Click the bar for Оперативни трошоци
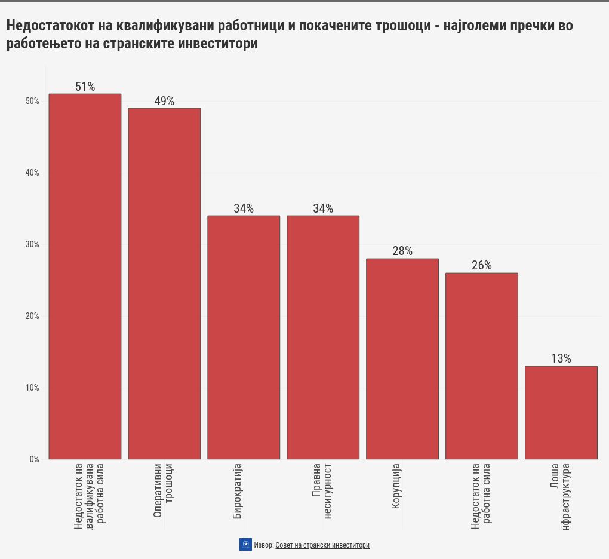[x=164, y=284]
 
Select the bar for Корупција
[x=402, y=358]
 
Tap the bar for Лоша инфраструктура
[x=561, y=412]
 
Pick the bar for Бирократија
[x=244, y=337]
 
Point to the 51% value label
[x=85, y=87]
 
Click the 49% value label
[x=164, y=101]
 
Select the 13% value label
[x=561, y=358]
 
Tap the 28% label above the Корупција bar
[x=402, y=251]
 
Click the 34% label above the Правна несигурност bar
[x=323, y=208]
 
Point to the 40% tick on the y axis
[x=32, y=173]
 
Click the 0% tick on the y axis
[x=34, y=459]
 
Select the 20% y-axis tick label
[x=32, y=316]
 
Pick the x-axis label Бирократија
[x=238, y=490]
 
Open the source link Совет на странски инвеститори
[x=322, y=545]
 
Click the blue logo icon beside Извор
[x=245, y=545]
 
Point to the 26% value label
[x=482, y=266]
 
